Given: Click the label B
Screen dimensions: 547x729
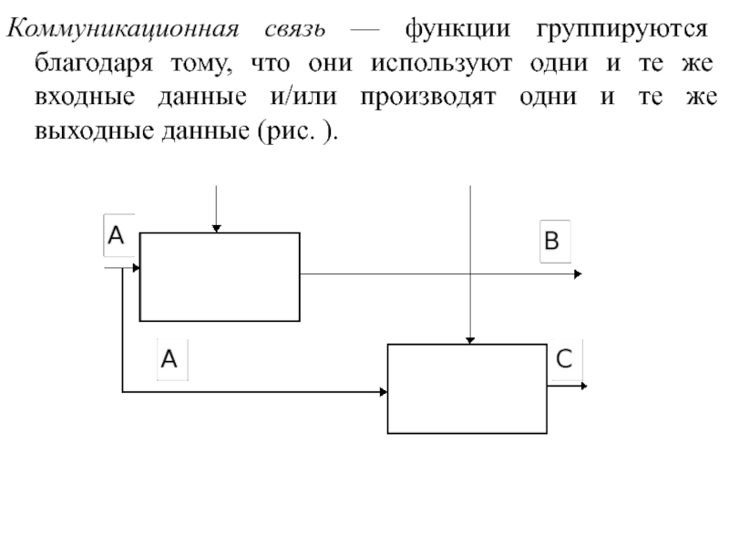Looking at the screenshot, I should coord(554,243).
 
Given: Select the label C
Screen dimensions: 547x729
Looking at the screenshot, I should coord(563,359).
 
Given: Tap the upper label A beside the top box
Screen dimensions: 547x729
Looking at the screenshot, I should coord(116,236).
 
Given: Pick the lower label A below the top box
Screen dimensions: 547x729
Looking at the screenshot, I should coord(169,359).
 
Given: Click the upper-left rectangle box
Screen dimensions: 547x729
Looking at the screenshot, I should coord(220,276).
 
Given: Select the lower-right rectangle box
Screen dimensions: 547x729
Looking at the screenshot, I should coord(467,387).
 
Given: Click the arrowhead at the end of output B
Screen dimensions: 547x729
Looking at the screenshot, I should coord(578,273).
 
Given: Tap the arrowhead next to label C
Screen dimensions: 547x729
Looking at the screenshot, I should coord(583,386).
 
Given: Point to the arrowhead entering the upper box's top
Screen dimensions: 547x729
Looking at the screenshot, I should coord(216,228).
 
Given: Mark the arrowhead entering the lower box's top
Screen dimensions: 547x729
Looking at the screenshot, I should coord(469,339).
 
